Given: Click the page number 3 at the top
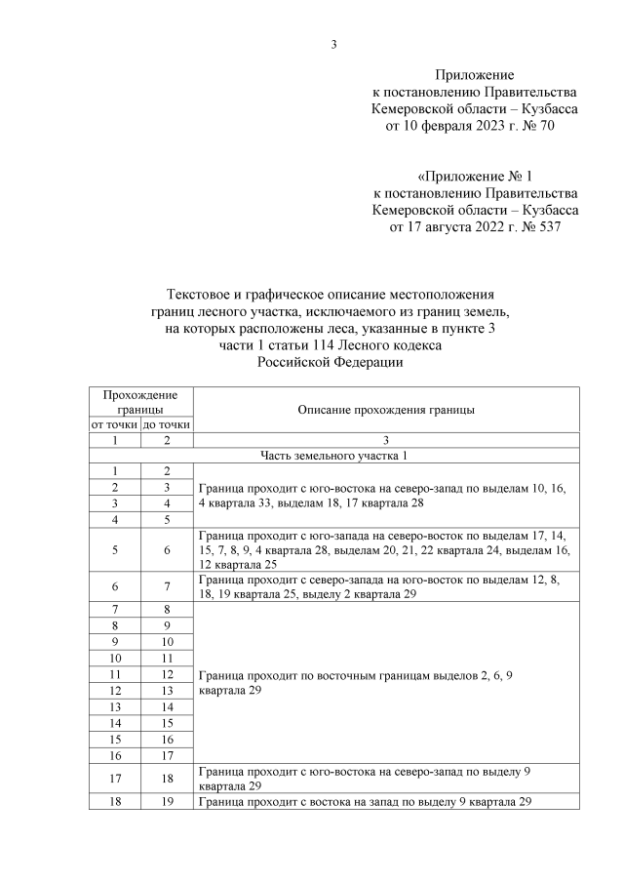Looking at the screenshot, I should tap(333, 44).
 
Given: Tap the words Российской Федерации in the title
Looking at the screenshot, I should tap(330, 362).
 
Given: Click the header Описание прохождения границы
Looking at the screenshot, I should tap(386, 410).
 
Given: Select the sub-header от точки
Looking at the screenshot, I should tap(114, 425).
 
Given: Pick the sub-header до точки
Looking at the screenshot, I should tap(167, 425).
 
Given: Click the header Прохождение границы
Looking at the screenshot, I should tap(140, 403).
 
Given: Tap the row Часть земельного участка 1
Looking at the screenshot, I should tap(333, 456).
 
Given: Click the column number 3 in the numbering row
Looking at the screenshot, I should tap(386, 441).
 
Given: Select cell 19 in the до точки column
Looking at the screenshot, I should tap(167, 801).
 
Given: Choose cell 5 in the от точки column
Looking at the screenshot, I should tap(114, 550).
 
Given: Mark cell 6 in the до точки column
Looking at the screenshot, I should tap(167, 550).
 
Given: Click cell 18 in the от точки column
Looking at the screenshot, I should tap(114, 801).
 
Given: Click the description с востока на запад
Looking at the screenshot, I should tap(365, 801).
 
